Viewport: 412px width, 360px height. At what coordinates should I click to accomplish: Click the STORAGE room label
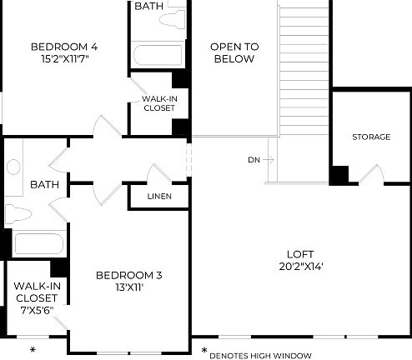(370, 137)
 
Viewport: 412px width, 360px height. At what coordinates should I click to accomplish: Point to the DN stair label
(254, 159)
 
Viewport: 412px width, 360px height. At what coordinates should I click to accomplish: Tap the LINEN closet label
(158, 197)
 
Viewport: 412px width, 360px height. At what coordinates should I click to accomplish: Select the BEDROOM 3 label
(128, 275)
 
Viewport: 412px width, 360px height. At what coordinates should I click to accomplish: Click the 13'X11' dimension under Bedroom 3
(128, 289)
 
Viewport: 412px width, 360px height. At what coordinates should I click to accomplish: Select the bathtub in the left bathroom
(38, 244)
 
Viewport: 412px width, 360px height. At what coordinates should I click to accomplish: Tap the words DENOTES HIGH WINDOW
(260, 355)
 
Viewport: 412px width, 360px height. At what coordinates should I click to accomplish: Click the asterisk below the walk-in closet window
(33, 348)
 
